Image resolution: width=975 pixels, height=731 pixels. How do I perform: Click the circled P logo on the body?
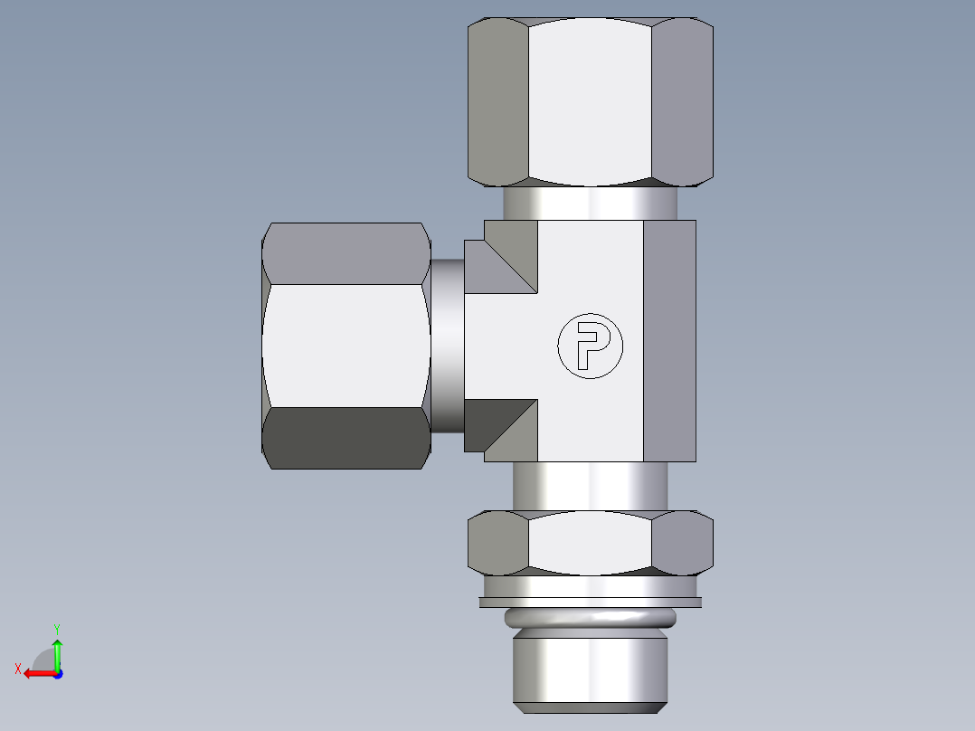(591, 347)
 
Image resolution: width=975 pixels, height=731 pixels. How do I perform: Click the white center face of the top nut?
(590, 101)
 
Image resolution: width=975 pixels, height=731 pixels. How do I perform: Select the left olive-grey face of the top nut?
(497, 101)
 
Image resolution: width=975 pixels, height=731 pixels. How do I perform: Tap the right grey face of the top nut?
(682, 101)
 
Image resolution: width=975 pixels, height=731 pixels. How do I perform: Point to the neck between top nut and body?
(590, 204)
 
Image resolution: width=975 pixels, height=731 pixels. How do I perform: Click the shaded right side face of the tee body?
(669, 341)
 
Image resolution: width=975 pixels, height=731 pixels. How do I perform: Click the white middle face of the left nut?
(346, 346)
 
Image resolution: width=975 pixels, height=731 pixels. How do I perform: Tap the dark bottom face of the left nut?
(346, 438)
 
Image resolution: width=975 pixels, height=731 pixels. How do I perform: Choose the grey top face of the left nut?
(346, 253)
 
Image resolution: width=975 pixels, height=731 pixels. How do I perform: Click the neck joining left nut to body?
(447, 346)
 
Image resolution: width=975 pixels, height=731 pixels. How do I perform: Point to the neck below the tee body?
(590, 486)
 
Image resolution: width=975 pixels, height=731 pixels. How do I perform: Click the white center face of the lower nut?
(590, 543)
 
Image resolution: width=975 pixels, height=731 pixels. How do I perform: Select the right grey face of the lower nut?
(682, 543)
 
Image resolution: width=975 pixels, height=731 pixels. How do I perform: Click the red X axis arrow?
(34, 673)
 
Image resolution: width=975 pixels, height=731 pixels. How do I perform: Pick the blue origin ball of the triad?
(57, 673)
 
